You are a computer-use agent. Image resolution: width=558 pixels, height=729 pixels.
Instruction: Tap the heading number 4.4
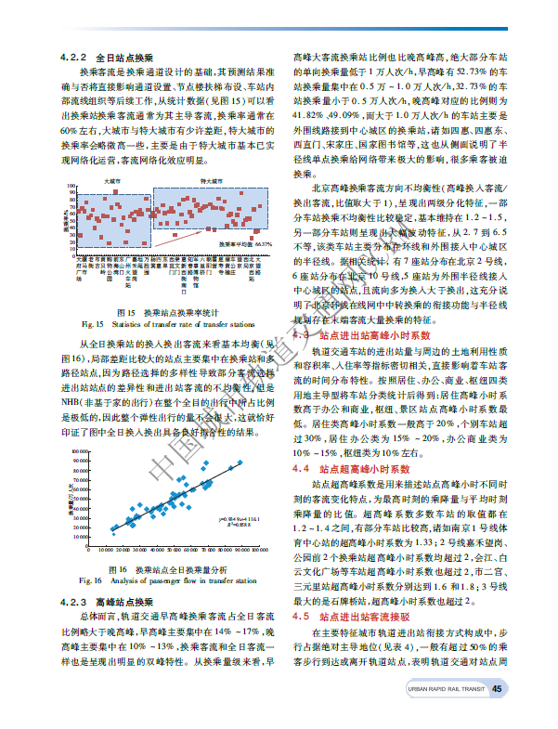click(x=300, y=470)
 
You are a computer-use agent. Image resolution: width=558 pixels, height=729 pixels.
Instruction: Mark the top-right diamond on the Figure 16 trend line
click(x=240, y=462)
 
